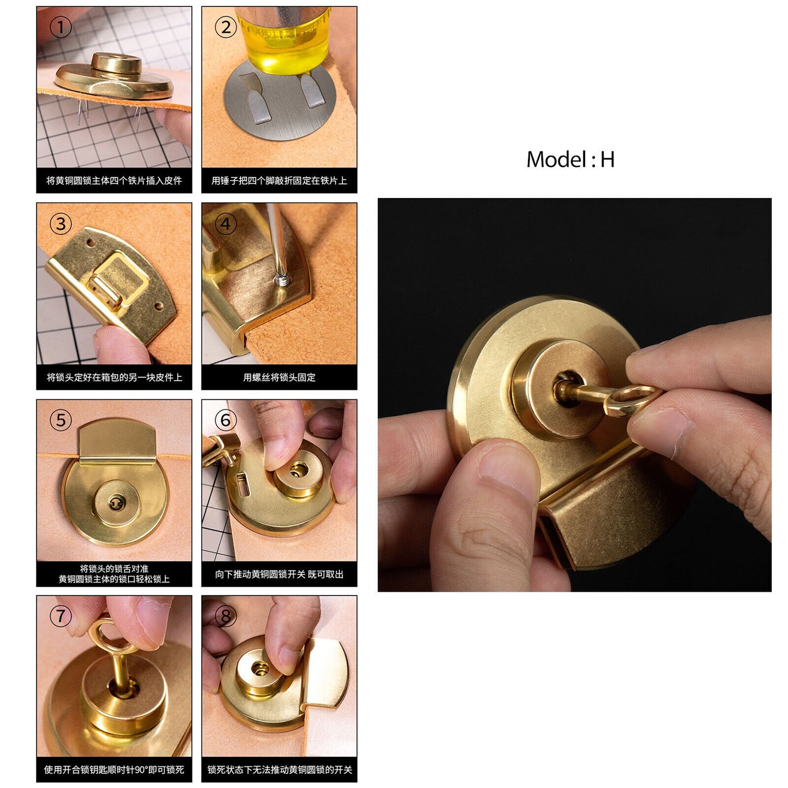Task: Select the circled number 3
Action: (x=61, y=224)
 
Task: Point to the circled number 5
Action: (x=61, y=420)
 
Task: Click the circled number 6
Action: (x=226, y=420)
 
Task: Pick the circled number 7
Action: (x=61, y=616)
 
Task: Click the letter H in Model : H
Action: (x=607, y=159)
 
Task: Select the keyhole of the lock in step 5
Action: (x=116, y=503)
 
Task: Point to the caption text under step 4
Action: (x=279, y=377)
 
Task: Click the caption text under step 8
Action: (x=279, y=769)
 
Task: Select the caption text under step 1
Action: (x=114, y=181)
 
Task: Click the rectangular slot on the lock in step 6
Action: (x=242, y=483)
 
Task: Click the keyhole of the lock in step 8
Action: (x=261, y=670)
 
